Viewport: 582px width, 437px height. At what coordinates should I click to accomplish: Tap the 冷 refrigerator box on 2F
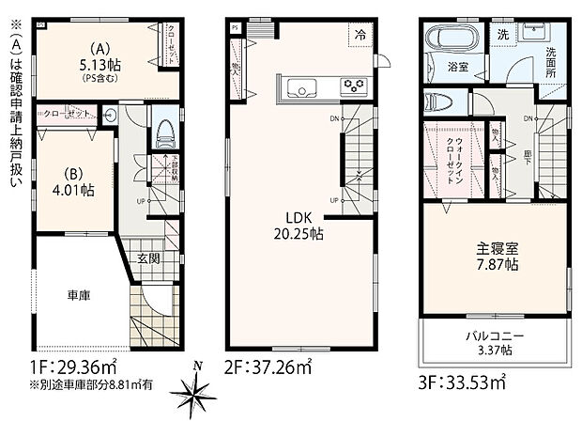coord(360,32)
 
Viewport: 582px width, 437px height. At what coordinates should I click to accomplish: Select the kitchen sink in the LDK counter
coord(305,90)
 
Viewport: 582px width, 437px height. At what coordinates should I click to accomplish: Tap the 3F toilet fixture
coord(438,102)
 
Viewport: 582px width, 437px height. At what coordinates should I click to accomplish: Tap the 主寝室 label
coord(495,249)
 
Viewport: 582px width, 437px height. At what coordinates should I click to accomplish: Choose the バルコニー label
coord(495,336)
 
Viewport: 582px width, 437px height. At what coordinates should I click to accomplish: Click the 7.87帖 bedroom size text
coord(495,266)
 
